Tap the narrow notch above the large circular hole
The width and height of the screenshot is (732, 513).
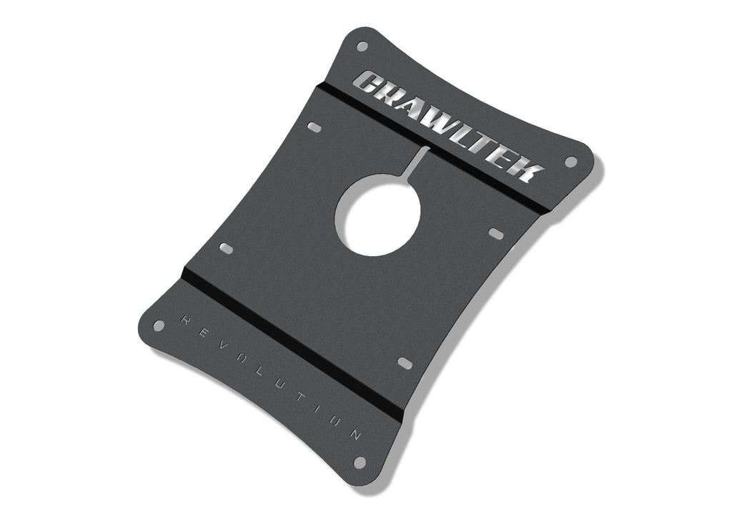[x=419, y=161]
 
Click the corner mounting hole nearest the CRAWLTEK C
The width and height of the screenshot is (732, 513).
[x=362, y=47]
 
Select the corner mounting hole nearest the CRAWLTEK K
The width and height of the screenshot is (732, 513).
[x=570, y=162]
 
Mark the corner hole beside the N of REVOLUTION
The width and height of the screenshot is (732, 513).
[x=360, y=462]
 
